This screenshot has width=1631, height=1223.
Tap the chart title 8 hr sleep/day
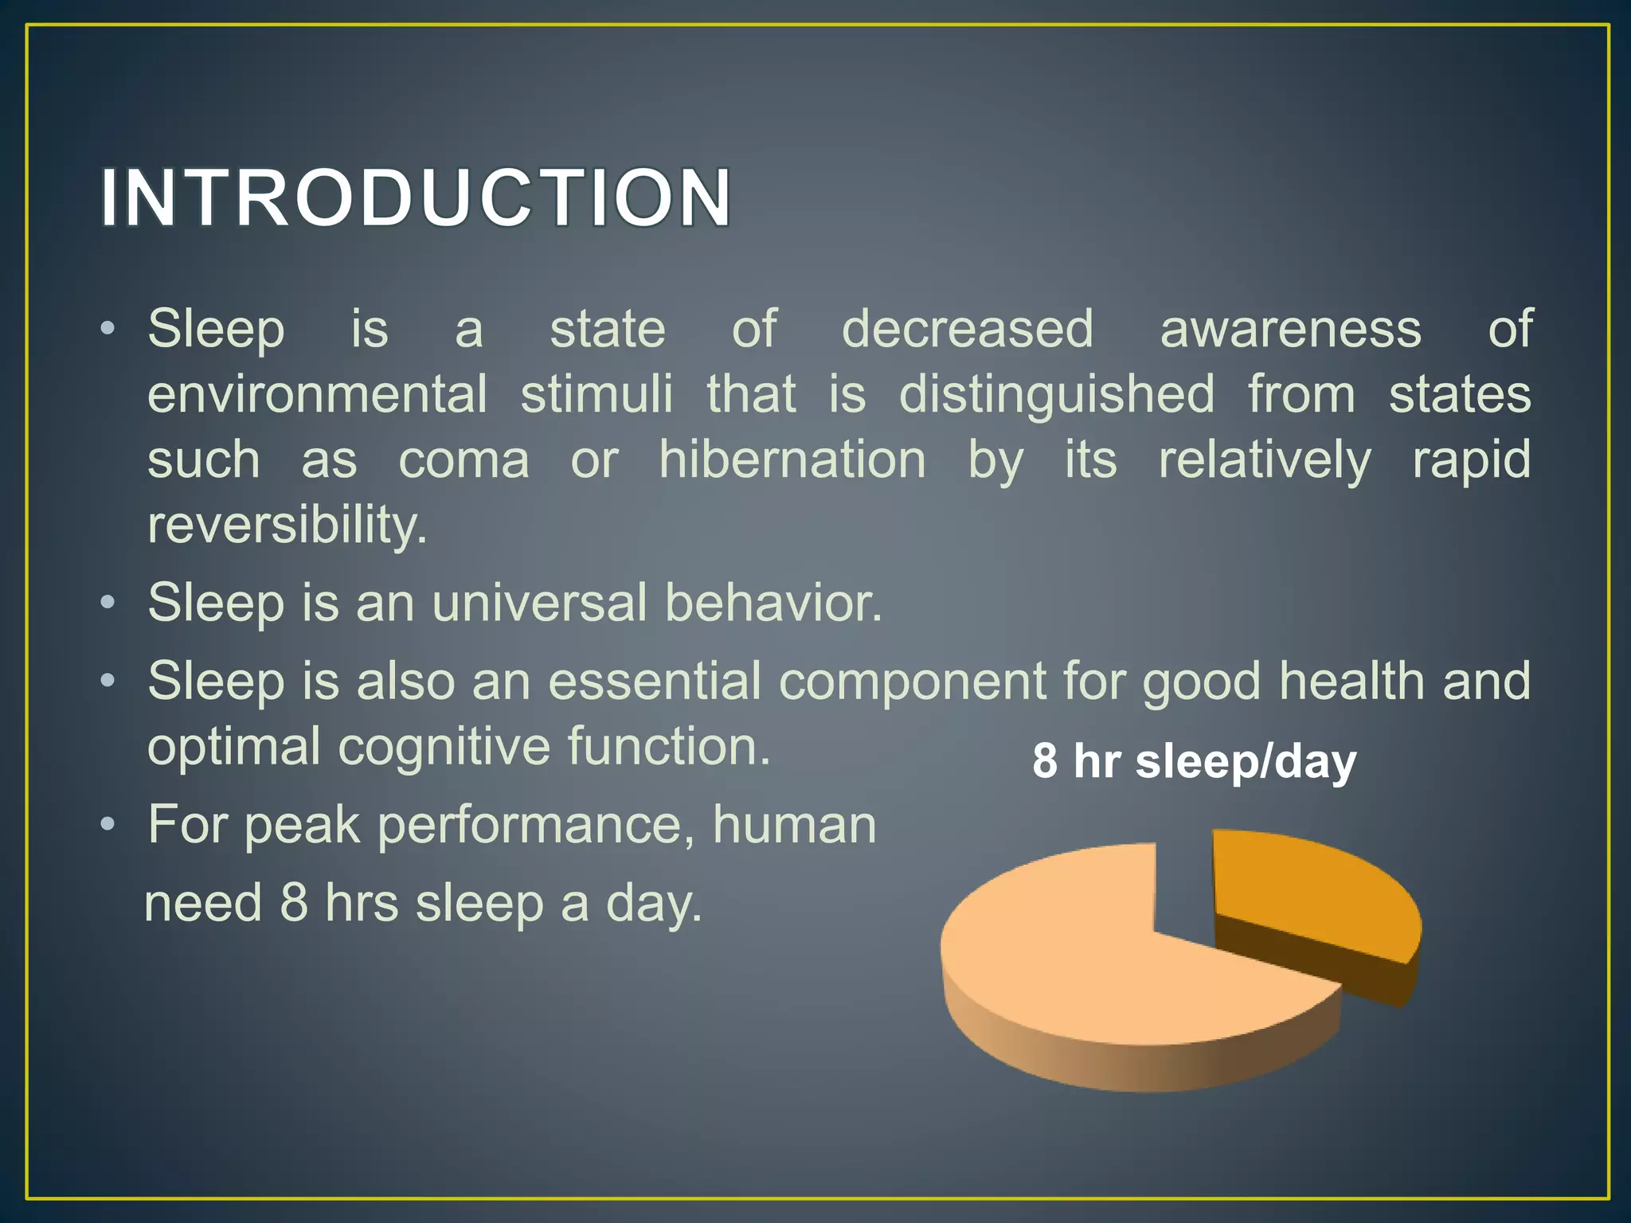coord(1194,761)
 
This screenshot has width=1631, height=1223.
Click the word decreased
coord(968,329)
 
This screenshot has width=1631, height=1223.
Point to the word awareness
coord(1290,329)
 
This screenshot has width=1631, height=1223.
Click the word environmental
coord(317,394)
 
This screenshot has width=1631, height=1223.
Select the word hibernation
coord(792,459)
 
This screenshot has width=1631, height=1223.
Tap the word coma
coord(463,461)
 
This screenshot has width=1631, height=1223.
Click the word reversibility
coord(287,526)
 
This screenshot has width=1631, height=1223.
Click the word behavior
coord(773,603)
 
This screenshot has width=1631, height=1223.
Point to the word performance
coord(536,825)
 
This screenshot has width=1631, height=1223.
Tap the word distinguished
coord(1057,394)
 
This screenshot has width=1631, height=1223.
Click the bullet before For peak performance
coord(108,824)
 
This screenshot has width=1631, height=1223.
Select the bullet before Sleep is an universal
coord(108,603)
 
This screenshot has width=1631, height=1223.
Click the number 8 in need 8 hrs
coord(293,905)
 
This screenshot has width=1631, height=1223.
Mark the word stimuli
coord(596,394)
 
